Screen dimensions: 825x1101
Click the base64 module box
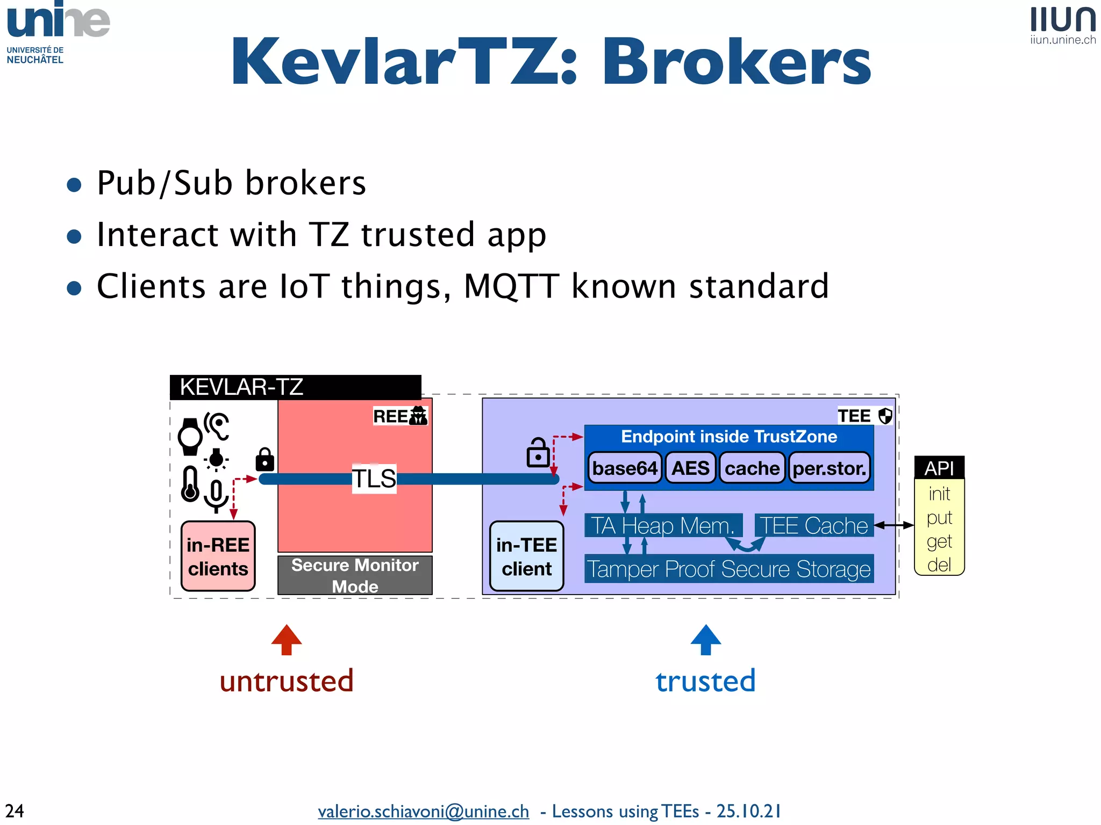[x=625, y=468]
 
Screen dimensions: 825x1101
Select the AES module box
[x=690, y=468]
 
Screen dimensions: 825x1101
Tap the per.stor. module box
[x=829, y=468]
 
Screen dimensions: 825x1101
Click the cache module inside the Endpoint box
[x=752, y=468]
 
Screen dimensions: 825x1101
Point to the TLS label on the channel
[x=374, y=479]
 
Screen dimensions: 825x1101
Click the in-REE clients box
[x=218, y=556]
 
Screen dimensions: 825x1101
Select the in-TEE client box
[x=526, y=556]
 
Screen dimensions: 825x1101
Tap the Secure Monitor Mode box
[x=355, y=575]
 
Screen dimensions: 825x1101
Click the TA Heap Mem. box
[x=663, y=525]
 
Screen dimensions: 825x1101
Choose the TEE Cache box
[x=813, y=525]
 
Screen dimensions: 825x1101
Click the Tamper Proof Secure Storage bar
[x=729, y=569]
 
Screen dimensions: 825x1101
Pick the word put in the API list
[x=939, y=517]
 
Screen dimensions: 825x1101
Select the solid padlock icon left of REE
[x=264, y=459]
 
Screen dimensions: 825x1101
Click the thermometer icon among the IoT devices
[x=190, y=484]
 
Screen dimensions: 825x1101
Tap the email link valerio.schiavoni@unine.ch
[x=423, y=810]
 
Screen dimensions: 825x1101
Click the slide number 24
[x=15, y=810]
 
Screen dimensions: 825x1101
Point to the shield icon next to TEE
[x=885, y=416]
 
